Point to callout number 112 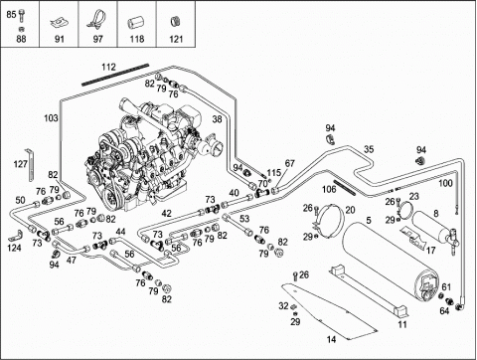pos(108,67)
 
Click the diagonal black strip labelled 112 pos(115,75)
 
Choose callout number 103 pos(51,118)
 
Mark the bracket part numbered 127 pos(31,165)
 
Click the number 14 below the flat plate pos(331,339)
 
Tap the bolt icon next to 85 pos(22,15)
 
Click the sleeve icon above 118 pos(135,24)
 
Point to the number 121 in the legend pos(176,39)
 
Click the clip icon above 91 pos(59,24)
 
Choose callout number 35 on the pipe pos(369,149)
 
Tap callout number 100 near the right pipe pos(445,183)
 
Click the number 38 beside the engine pos(217,119)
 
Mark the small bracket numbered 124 pos(15,236)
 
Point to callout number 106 pos(329,189)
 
